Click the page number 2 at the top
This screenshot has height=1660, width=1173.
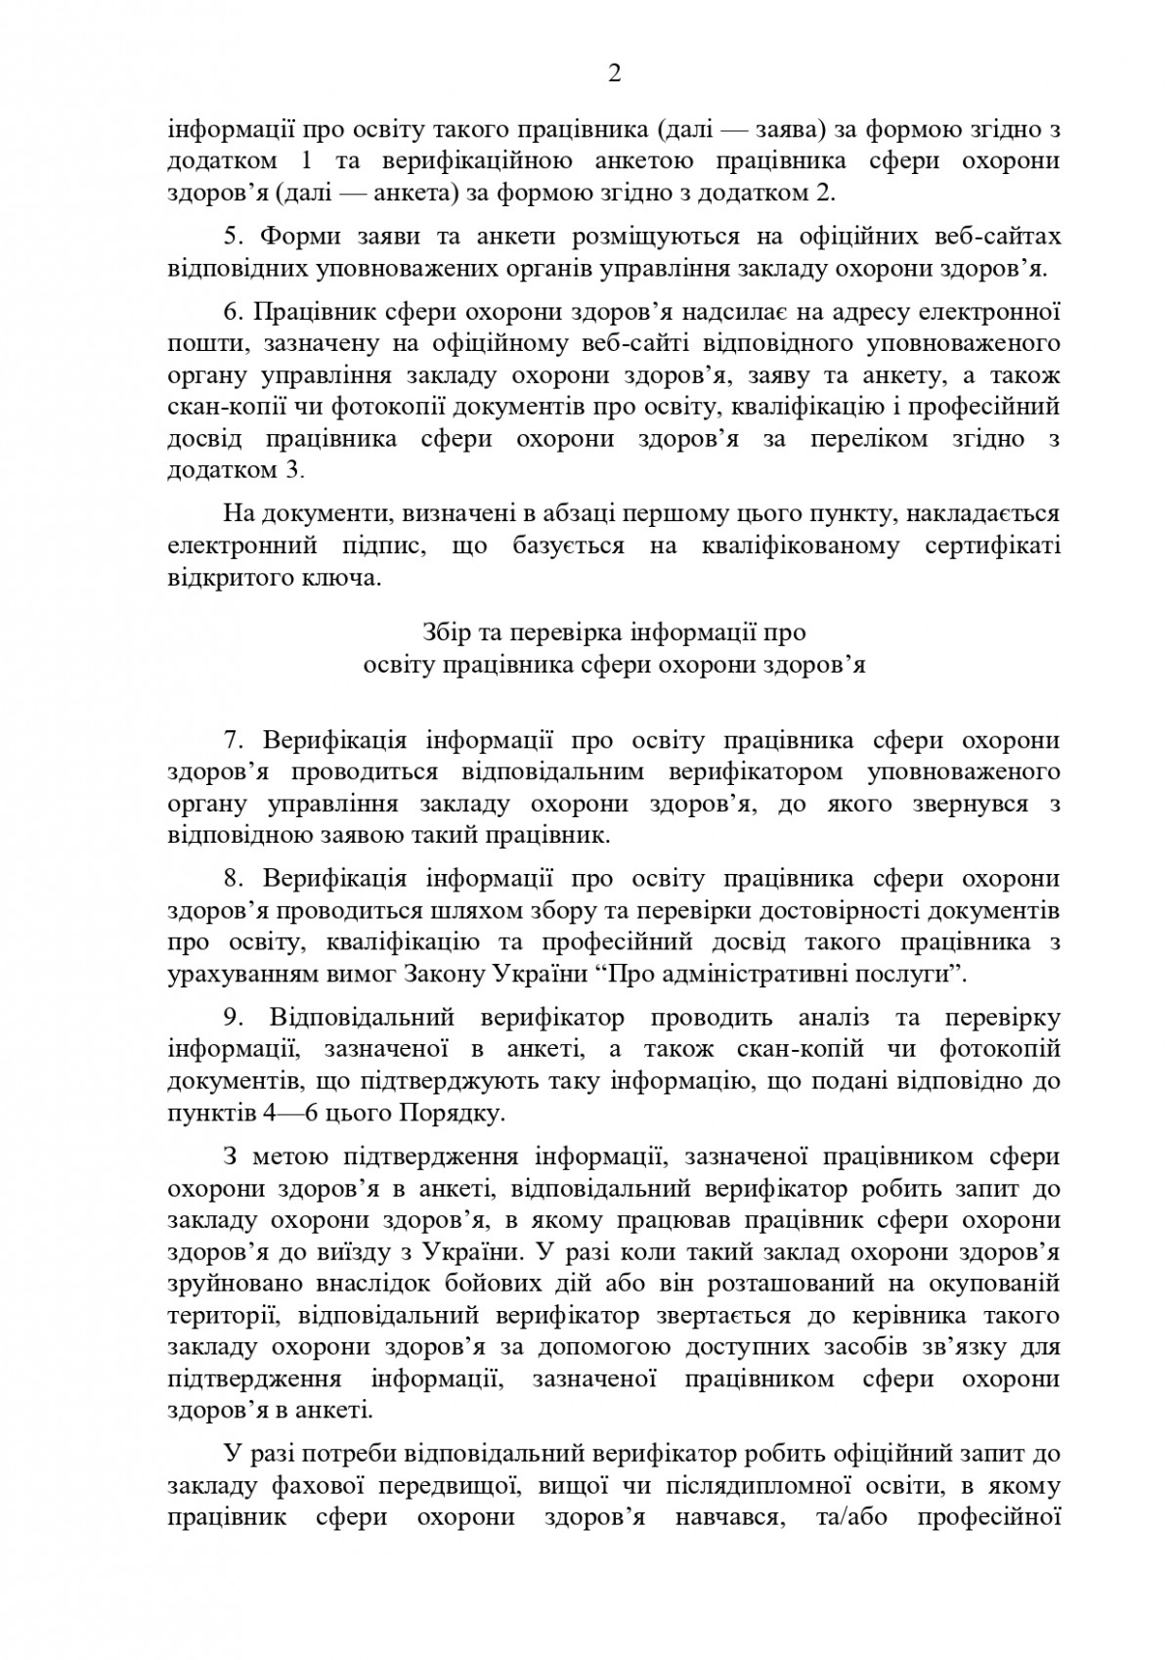click(614, 75)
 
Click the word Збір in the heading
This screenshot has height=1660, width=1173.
click(447, 632)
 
